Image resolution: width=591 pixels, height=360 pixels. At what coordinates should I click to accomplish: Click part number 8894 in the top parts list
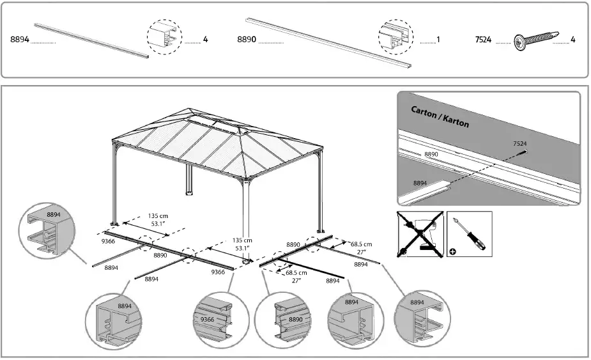coord(19,40)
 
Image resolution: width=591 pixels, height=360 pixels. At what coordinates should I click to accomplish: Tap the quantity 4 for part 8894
coord(205,40)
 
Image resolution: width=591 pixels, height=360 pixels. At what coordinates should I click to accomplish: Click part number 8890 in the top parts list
coord(247,40)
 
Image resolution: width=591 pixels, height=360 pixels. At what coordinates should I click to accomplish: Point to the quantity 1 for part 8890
coord(438,40)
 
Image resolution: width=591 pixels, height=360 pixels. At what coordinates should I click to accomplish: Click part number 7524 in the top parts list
coord(483,40)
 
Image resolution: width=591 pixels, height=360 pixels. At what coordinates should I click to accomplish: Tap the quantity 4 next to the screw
coord(573,40)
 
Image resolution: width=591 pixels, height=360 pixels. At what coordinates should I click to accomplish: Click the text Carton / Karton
coord(440,117)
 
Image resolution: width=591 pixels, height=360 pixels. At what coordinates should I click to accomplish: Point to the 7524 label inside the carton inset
coord(519,144)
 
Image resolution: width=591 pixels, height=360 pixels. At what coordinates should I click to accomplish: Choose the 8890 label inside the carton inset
coord(431,155)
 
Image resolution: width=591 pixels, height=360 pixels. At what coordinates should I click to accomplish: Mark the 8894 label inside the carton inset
coord(420,183)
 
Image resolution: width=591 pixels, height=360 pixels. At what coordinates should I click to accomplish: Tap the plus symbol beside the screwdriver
coord(453,251)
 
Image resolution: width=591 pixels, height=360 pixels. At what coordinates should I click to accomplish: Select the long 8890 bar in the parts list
coord(329,42)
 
